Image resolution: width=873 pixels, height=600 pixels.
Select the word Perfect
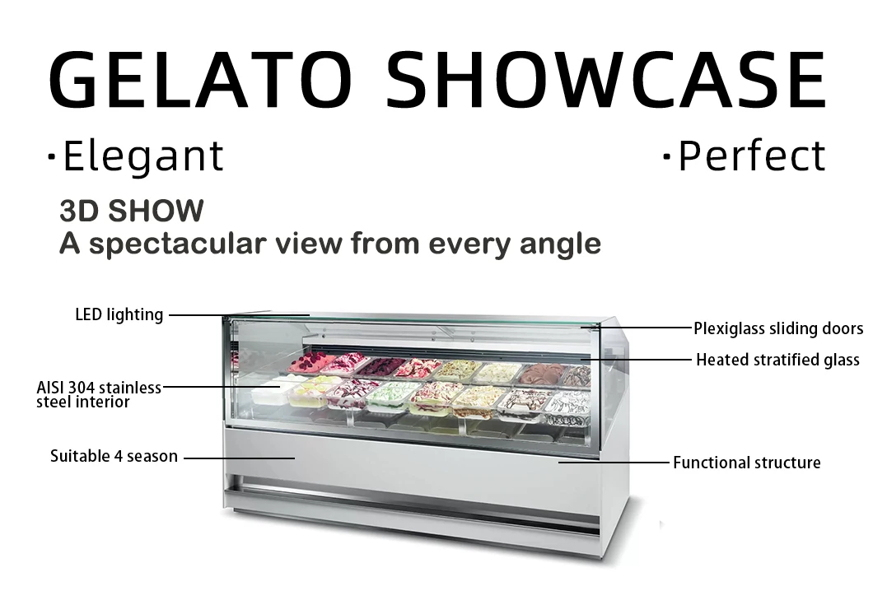[751, 156]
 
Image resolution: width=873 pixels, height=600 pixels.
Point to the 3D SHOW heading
[131, 211]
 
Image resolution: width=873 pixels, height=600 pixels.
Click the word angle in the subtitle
[560, 244]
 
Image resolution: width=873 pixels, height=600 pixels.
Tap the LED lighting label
[119, 314]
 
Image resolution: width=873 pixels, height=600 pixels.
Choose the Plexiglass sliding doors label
[777, 328]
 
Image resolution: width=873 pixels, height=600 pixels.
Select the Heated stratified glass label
[777, 360]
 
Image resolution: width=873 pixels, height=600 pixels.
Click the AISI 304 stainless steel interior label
[98, 394]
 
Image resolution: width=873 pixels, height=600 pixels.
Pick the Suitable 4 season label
[114, 456]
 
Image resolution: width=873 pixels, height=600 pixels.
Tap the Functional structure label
[746, 463]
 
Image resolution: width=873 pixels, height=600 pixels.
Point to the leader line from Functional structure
[614, 463]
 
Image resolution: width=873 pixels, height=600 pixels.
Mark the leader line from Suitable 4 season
[239, 457]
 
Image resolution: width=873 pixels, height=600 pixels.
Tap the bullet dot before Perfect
[666, 156]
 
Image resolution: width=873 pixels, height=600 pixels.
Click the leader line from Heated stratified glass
[634, 360]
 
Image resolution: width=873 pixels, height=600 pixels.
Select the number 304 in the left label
[86, 388]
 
